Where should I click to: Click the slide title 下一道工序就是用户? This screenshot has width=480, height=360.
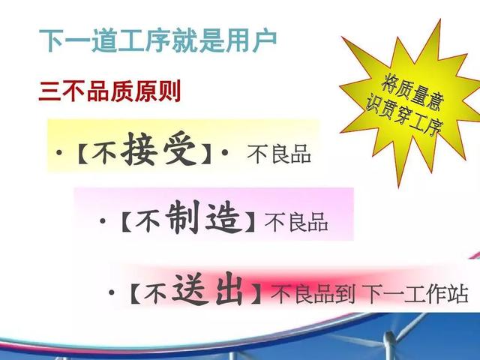[x=158, y=40]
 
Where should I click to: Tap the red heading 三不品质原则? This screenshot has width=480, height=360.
[x=109, y=91]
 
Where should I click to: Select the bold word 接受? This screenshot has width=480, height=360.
[x=158, y=149]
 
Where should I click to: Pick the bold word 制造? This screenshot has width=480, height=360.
[x=202, y=217]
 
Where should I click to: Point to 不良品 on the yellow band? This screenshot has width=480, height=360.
[x=279, y=154]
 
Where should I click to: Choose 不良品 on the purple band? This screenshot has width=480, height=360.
[x=296, y=222]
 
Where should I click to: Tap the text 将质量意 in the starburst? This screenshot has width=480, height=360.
[x=412, y=92]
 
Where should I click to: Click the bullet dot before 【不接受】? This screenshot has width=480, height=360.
[x=59, y=152]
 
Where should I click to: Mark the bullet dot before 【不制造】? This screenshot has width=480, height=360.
[x=103, y=220]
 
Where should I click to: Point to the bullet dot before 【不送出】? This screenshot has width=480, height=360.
[x=112, y=292]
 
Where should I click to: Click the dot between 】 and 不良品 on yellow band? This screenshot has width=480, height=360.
[x=225, y=152]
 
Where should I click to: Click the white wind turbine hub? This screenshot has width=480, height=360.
[x=389, y=338]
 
